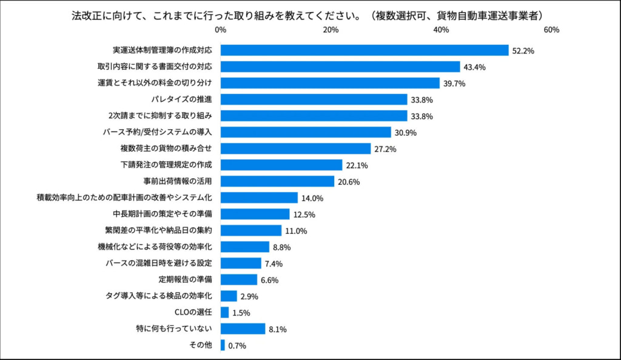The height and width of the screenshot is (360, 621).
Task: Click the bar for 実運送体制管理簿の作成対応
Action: tap(364, 50)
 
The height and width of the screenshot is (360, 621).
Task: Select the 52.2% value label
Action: tap(523, 51)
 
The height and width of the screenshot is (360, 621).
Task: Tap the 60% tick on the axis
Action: tap(551, 30)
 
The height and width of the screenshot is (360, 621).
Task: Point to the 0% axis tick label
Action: tap(221, 30)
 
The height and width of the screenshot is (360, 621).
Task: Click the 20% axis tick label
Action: tap(331, 30)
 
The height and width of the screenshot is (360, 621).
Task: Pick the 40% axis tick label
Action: tap(441, 30)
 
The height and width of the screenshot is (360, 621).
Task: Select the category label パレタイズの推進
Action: tap(185, 99)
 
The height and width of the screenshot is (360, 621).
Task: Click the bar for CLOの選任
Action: tap(224, 313)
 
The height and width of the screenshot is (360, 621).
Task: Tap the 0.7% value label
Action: tap(237, 346)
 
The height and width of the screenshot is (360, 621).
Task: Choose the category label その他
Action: tap(201, 345)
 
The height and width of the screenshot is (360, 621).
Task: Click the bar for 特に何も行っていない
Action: tap(243, 329)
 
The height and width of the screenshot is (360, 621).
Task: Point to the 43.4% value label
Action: tap(474, 67)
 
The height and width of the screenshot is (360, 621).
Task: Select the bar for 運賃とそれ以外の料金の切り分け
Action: tap(330, 83)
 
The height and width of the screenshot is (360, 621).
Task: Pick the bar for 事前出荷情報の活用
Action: tap(277, 181)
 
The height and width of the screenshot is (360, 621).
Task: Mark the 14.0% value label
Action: tap(312, 198)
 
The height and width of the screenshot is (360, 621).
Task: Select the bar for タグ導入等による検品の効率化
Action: tap(229, 296)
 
